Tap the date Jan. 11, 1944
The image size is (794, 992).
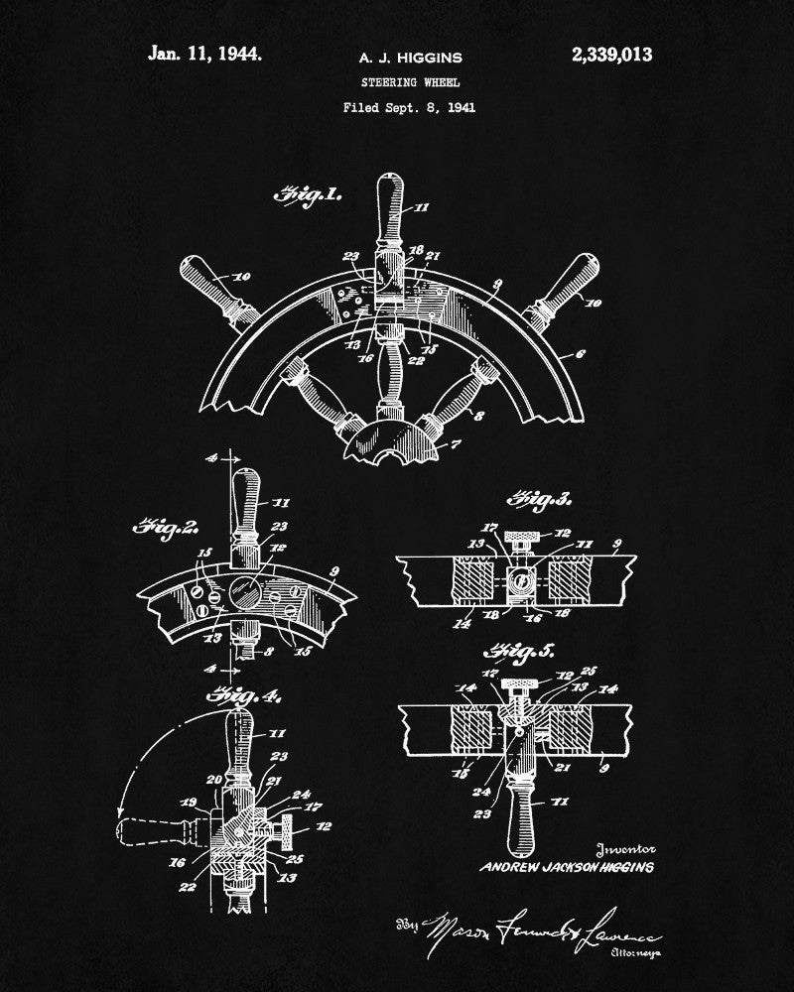(205, 55)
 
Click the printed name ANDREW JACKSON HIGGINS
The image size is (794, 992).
(567, 868)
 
